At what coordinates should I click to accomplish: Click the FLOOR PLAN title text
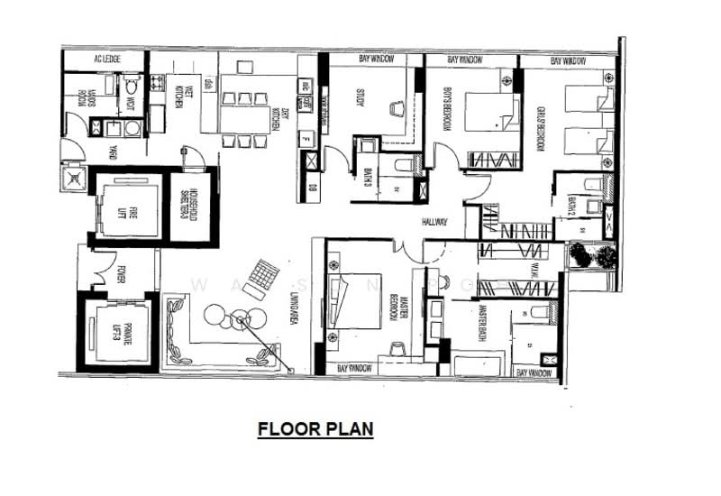tap(315, 428)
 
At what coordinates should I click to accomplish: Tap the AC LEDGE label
tap(106, 60)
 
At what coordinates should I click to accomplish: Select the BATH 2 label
tap(571, 207)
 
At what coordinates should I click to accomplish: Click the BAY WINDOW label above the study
tap(376, 60)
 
